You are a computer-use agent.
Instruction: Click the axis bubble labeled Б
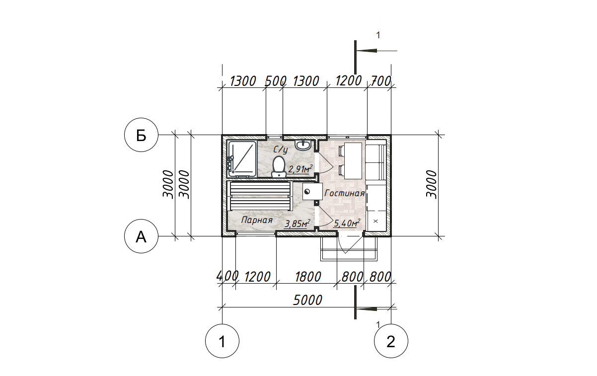[141, 135]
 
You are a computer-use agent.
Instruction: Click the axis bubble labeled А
[141, 236]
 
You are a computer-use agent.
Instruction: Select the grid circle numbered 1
[223, 341]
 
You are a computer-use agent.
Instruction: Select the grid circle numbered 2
[391, 341]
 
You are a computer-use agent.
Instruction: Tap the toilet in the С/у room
[279, 167]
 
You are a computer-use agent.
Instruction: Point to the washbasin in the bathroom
[303, 145]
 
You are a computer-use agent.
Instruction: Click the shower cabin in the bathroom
[242, 159]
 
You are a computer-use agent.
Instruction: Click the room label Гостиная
[344, 193]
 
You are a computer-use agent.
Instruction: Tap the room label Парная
[257, 220]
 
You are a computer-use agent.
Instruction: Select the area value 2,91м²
[300, 169]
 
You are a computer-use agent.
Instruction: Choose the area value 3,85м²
[298, 224]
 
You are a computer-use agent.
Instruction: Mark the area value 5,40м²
[347, 223]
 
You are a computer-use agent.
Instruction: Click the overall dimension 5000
[307, 301]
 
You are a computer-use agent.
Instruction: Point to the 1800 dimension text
[307, 277]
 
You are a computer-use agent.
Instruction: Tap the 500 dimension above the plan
[276, 81]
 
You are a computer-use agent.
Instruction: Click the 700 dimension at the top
[381, 81]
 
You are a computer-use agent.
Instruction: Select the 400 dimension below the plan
[227, 276]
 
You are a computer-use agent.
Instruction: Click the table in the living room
[353, 161]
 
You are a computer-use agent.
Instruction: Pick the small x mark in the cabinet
[376, 221]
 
